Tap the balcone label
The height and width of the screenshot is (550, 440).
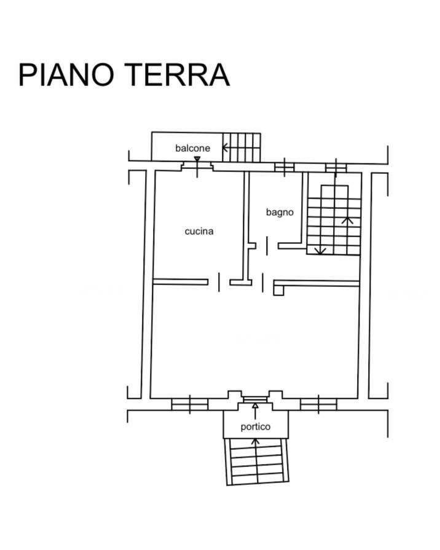click(192, 148)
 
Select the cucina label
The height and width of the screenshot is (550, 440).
click(199, 232)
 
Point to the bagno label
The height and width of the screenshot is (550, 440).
click(280, 213)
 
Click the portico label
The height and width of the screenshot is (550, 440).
click(255, 426)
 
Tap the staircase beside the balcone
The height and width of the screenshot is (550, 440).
click(242, 147)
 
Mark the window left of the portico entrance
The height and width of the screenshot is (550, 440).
click(189, 404)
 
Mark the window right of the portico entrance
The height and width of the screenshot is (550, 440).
click(318, 404)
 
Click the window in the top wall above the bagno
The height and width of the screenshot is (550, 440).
click(284, 167)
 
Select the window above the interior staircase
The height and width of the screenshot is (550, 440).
click(336, 167)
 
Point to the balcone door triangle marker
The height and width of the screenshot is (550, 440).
click(197, 160)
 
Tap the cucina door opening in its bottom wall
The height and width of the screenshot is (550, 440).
click(219, 282)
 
